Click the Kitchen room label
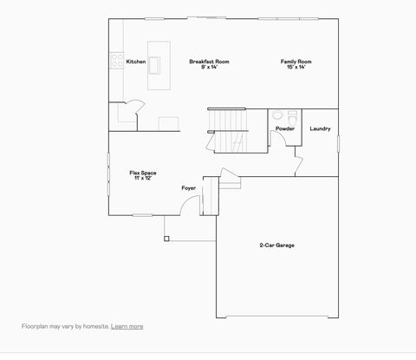coord(136,62)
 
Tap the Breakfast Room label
coord(209,62)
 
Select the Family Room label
coord(296,62)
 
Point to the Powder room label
coord(285,129)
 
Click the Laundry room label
coord(320,129)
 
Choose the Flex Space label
coord(142,173)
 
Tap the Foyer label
coord(188,188)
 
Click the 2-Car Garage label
coord(276,245)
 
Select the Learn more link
coord(127,326)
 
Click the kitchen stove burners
coord(115,61)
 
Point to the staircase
coord(227,129)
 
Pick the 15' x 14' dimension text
coord(296,67)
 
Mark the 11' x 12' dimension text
coord(142,178)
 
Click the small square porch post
coord(166,238)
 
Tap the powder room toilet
coord(277,115)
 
